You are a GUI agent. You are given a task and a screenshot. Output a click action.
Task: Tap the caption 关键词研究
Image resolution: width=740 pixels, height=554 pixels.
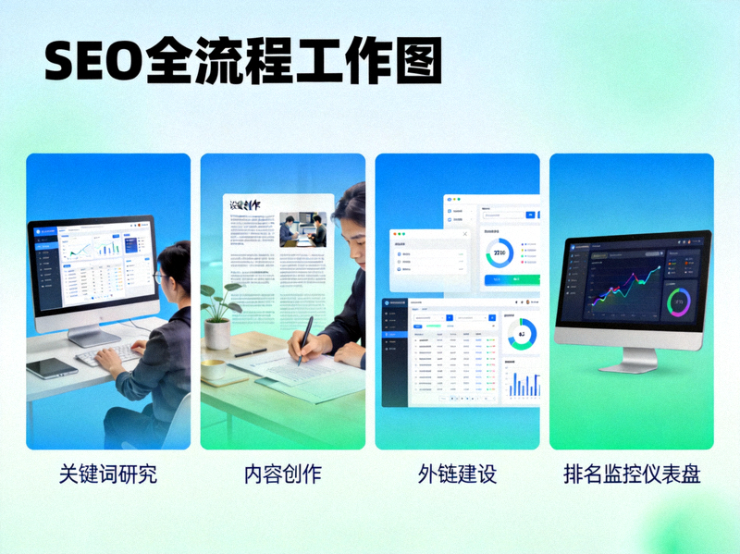click(x=108, y=474)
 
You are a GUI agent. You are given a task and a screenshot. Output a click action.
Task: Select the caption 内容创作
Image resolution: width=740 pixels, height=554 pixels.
click(x=282, y=474)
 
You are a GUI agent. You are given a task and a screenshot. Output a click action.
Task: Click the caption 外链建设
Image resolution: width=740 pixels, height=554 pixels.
click(x=457, y=474)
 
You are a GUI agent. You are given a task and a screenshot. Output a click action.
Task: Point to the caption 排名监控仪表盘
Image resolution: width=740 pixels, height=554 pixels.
click(x=632, y=474)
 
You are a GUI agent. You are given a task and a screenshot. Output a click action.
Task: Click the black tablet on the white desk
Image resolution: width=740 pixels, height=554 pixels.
click(x=51, y=367)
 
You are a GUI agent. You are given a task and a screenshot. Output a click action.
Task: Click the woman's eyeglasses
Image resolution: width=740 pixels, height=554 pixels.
click(x=160, y=277)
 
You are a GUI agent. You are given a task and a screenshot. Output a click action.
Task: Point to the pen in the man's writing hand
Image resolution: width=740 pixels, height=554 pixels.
click(x=303, y=339)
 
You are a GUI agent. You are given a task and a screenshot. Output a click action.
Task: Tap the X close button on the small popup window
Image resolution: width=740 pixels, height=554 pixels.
click(x=464, y=235)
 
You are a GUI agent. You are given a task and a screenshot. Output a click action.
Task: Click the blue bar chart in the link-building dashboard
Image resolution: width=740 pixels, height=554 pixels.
click(x=524, y=383)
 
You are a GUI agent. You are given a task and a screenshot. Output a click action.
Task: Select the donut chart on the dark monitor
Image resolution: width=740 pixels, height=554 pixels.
click(x=679, y=302)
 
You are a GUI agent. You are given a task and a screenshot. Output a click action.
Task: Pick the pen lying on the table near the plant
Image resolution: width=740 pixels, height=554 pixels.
click(x=251, y=352)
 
